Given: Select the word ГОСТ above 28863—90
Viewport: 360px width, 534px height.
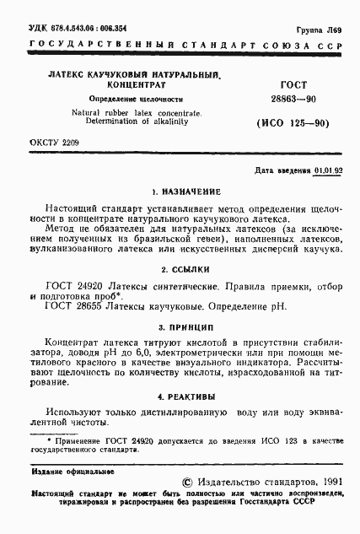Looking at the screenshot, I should coord(292,85).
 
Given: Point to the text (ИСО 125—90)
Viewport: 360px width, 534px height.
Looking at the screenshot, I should coord(292,123).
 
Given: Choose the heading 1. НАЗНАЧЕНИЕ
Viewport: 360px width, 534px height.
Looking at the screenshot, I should coord(180,191).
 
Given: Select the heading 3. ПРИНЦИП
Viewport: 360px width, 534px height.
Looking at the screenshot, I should coord(180,326).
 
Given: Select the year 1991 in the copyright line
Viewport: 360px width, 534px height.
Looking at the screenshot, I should coord(325,480).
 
